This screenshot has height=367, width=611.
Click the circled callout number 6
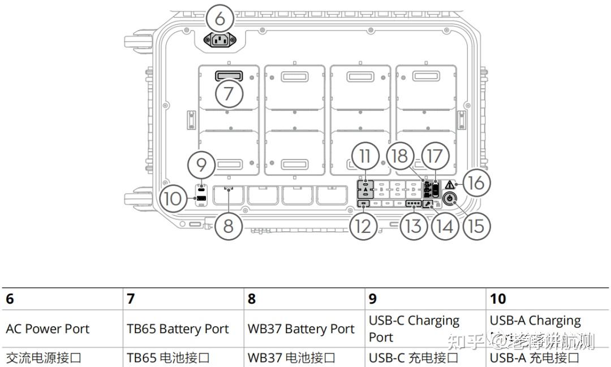tap(220, 19)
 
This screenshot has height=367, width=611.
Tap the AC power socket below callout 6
tap(221, 40)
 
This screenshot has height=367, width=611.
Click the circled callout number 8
tap(228, 226)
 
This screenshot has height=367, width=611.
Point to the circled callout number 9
tap(202, 165)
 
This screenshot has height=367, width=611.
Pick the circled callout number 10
tap(173, 198)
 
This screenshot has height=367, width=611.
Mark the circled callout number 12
tap(363, 226)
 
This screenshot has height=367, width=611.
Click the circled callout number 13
tap(414, 226)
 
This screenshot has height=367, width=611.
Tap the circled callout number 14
tap(445, 226)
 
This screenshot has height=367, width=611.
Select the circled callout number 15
tap(476, 226)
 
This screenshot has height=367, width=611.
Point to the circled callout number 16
tap(477, 183)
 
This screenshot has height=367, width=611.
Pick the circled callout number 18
tap(401, 156)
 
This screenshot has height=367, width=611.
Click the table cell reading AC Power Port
tap(48, 329)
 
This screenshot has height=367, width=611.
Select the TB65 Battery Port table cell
tap(178, 329)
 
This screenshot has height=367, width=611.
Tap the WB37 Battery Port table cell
tap(301, 329)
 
